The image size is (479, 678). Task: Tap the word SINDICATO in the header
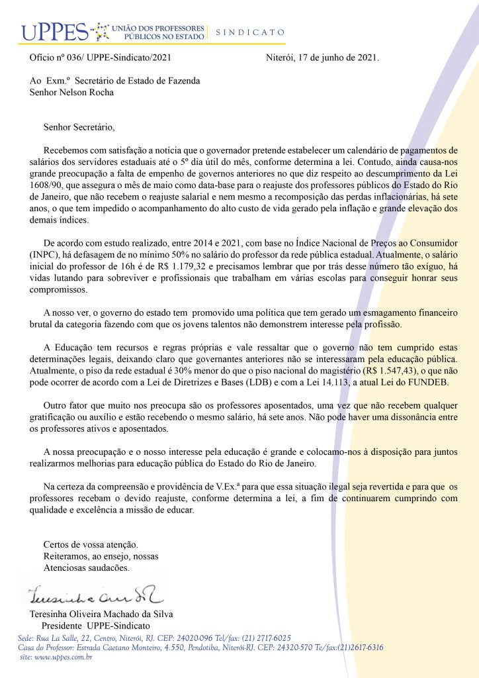pos(250,32)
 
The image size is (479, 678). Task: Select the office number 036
pos(70,58)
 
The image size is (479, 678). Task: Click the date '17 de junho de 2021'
pos(339,58)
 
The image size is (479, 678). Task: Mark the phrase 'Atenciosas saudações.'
pos(87,567)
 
